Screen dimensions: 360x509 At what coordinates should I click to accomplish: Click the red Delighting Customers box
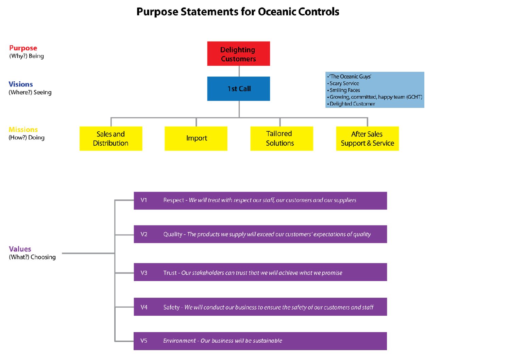238,54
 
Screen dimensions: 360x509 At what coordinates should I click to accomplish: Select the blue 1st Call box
238,88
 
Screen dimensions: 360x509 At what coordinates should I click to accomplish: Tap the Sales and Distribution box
111,138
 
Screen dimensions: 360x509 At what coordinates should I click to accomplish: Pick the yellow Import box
196,138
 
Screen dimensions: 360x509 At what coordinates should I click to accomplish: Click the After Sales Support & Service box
367,138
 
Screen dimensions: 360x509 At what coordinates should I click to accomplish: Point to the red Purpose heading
23,48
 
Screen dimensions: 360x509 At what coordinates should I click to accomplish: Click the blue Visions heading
21,84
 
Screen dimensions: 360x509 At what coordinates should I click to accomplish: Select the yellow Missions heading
23,130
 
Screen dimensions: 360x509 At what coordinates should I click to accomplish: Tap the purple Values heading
20,249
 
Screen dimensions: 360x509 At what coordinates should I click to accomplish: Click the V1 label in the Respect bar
144,200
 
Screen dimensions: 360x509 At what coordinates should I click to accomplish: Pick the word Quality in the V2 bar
173,234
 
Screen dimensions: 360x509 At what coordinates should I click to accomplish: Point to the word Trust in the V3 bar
170,273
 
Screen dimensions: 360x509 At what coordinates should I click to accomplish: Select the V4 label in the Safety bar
144,307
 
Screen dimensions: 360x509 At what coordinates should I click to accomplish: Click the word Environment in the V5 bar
179,341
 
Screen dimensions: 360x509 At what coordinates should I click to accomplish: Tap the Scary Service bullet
344,83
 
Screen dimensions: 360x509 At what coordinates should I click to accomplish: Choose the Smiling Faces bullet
344,90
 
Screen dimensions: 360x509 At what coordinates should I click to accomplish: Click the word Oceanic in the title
277,12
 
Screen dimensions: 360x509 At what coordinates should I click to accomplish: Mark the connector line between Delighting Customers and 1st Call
239,71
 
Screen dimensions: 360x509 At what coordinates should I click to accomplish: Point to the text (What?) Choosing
32,257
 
